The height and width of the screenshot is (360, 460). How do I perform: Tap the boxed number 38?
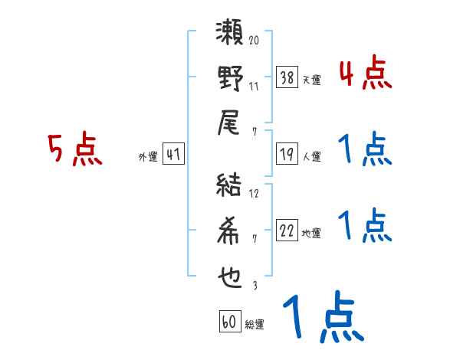tap(287, 78)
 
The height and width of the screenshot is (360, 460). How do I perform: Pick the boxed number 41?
tap(173, 155)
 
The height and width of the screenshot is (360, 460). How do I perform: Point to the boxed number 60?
tap(229, 322)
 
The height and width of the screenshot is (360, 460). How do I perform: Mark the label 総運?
tap(255, 325)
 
